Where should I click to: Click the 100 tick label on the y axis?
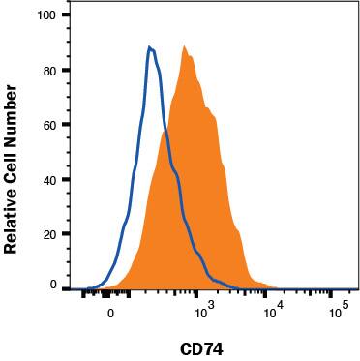pyautogui.click(x=47, y=16)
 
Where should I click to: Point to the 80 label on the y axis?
pyautogui.click(x=50, y=71)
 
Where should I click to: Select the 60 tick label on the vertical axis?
pyautogui.click(x=50, y=125)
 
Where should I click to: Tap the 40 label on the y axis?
pyautogui.click(x=50, y=179)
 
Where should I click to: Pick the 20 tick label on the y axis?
pyautogui.click(x=50, y=233)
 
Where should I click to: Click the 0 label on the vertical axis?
pyautogui.click(x=54, y=286)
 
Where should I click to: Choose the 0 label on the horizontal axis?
pyautogui.click(x=111, y=314)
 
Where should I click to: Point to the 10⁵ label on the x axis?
pyautogui.click(x=338, y=312)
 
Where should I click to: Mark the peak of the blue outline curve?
pyautogui.click(x=149, y=46)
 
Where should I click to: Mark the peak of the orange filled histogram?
pyautogui.click(x=183, y=45)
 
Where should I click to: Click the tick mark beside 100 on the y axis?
pyautogui.click(x=66, y=16)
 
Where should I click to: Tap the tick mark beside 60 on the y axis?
pyautogui.click(x=66, y=125)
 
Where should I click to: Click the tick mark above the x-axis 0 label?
pyautogui.click(x=111, y=295)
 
